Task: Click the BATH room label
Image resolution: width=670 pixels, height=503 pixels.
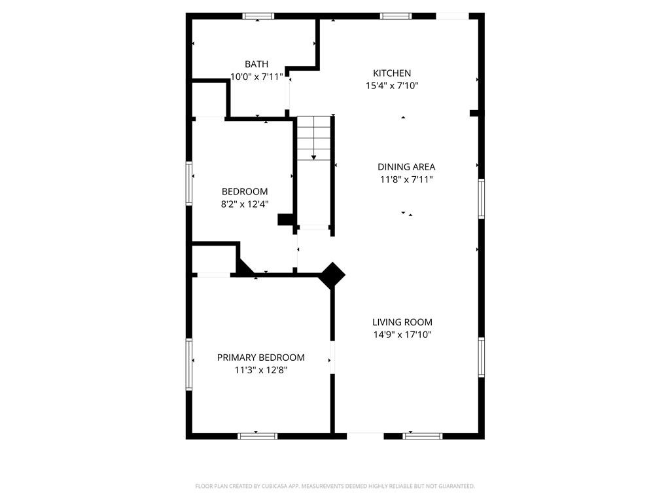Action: (256, 64)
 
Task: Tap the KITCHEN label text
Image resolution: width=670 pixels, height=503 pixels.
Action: (392, 73)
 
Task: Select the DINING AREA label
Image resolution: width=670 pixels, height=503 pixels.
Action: (406, 167)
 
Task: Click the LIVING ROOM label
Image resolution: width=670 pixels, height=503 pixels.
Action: (402, 322)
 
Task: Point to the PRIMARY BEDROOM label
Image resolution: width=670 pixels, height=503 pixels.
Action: (260, 358)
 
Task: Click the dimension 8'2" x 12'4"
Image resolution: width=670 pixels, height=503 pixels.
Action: (245, 204)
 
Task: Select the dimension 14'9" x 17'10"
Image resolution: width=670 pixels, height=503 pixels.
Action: (402, 335)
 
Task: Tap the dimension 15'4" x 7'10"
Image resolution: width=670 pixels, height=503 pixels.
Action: (392, 86)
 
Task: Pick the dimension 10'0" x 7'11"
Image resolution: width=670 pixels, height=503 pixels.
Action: (256, 77)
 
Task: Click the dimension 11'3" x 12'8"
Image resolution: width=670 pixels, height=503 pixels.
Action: (260, 370)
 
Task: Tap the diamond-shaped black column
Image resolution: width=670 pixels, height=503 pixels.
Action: (332, 275)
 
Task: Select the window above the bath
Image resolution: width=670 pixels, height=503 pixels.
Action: (258, 16)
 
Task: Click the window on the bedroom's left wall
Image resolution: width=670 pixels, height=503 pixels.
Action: (189, 183)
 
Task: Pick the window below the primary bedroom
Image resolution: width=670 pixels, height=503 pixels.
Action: (257, 436)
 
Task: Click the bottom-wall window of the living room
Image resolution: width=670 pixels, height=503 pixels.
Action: (423, 436)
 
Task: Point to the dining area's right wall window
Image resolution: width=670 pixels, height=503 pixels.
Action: (481, 198)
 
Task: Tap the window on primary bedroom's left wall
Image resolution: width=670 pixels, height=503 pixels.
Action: (189, 364)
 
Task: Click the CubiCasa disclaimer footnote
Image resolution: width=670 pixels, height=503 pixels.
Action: (335, 487)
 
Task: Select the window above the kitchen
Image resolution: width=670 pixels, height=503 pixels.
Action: (396, 16)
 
